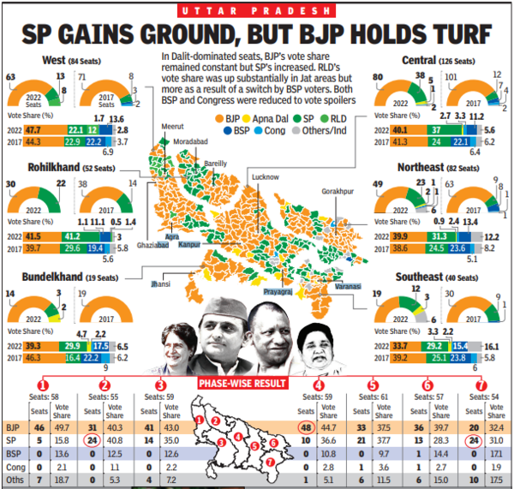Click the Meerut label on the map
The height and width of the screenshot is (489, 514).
(175, 124)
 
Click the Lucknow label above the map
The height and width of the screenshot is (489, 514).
(265, 177)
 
